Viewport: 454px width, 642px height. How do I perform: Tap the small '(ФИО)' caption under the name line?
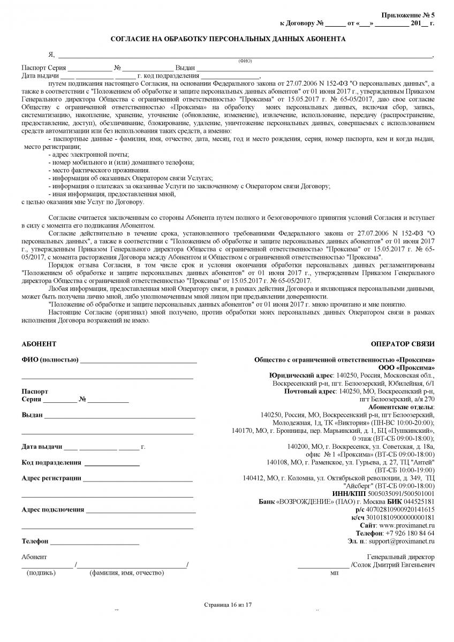tap(245, 61)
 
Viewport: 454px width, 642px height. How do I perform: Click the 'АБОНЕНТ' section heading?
tap(39, 343)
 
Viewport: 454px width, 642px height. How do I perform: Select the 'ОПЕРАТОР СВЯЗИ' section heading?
tap(403, 343)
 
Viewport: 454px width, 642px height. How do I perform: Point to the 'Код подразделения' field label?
tap(51, 462)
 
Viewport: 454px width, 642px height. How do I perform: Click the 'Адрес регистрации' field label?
tap(51, 478)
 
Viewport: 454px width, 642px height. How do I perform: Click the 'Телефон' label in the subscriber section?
tap(35, 541)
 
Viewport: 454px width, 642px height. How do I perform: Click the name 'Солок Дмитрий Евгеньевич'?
tap(394, 565)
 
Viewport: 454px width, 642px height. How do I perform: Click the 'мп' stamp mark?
tap(335, 573)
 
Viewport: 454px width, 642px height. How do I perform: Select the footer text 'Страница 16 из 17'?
tap(228, 605)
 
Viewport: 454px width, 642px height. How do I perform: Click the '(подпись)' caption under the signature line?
tap(41, 573)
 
